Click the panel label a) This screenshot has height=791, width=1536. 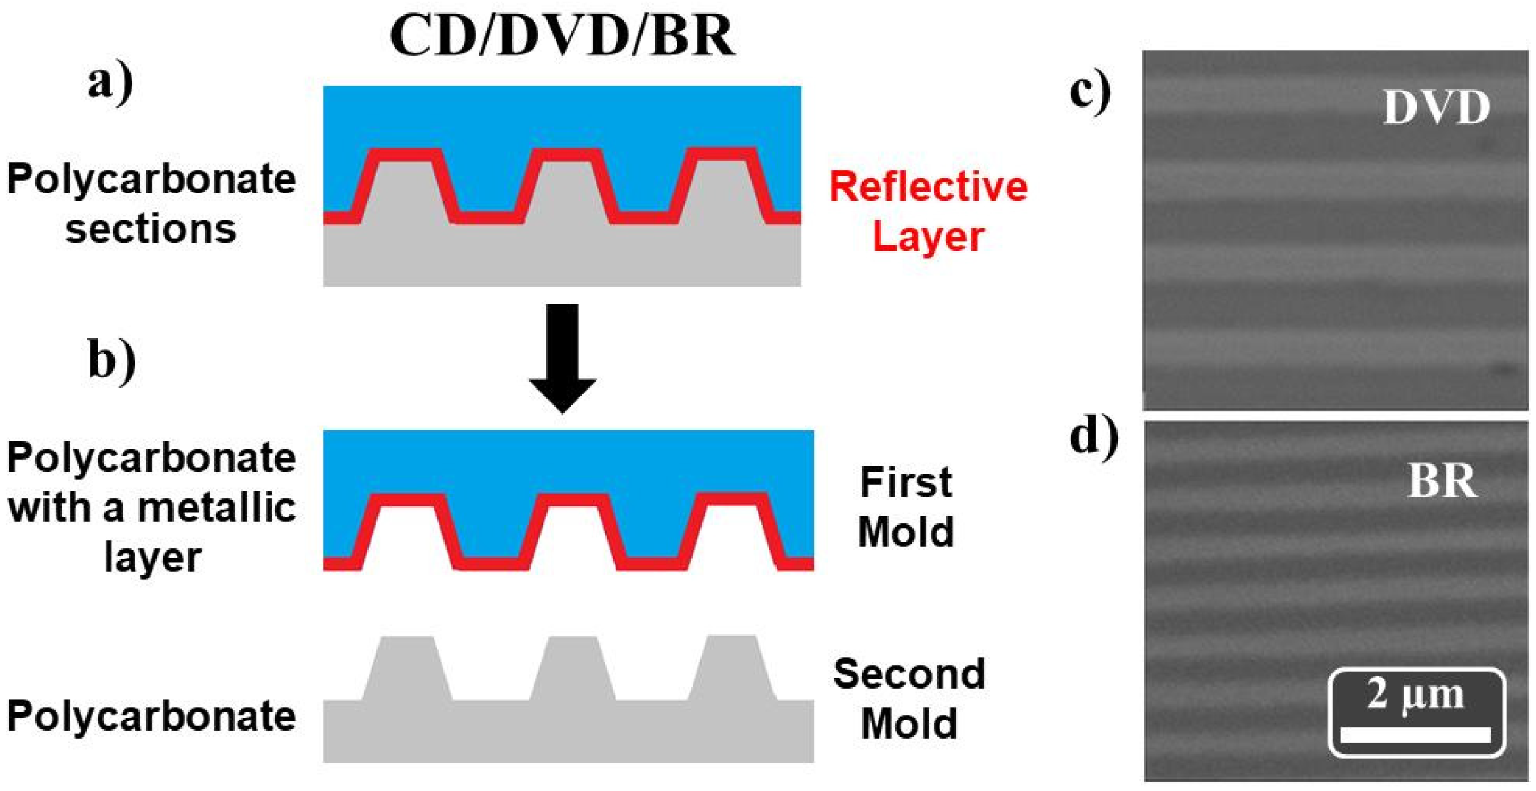pyautogui.click(x=110, y=83)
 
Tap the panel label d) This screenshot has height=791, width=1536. pyautogui.click(x=1093, y=436)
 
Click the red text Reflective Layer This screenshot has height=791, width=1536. pyautogui.click(x=928, y=211)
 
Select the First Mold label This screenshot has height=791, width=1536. pyautogui.click(x=906, y=506)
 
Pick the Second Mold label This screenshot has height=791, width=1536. pyautogui.click(x=909, y=698)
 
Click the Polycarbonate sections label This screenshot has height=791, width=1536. pyautogui.click(x=151, y=203)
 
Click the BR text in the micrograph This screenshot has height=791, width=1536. pyautogui.click(x=1442, y=481)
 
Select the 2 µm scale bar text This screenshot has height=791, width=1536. pyautogui.click(x=1415, y=694)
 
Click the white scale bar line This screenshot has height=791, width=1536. pyautogui.click(x=1415, y=735)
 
